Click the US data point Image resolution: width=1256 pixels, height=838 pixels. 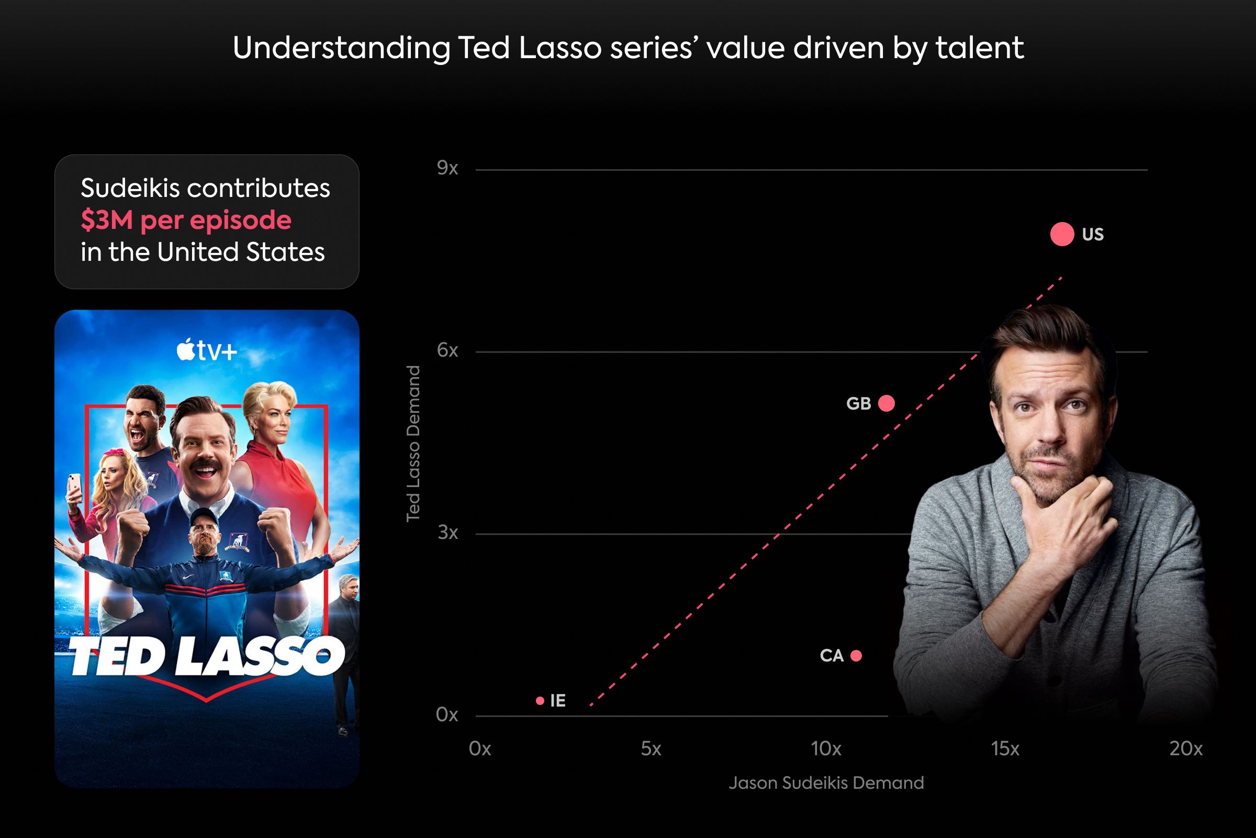tap(1062, 234)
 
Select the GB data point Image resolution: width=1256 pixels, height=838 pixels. tap(887, 403)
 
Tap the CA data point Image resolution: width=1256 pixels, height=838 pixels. tap(856, 656)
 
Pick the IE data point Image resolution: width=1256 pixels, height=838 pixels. tap(540, 701)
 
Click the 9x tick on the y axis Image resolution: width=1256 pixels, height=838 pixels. tap(447, 168)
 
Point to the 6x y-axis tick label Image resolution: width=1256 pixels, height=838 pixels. tap(447, 350)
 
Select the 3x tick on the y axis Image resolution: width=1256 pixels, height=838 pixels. tap(447, 532)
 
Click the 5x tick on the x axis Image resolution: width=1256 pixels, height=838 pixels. tap(651, 749)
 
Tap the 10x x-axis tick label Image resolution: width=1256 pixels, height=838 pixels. tap(826, 749)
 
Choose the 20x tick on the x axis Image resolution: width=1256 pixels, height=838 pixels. tap(1186, 749)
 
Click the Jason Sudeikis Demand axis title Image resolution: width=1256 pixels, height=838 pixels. tap(826, 783)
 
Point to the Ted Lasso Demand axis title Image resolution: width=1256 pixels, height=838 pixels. tap(413, 444)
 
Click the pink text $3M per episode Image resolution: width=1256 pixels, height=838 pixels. tap(186, 219)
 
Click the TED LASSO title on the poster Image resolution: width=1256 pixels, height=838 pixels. tap(207, 657)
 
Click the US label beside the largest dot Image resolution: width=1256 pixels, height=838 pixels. tap(1093, 235)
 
